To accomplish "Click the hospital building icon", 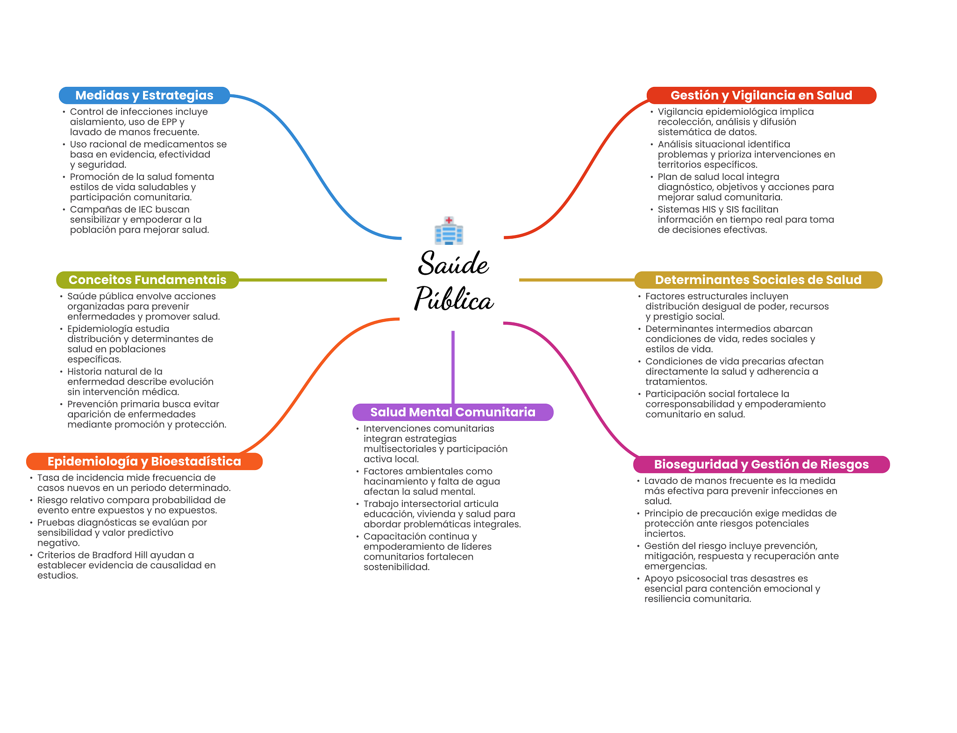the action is (449, 230).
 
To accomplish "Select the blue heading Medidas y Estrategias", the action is (144, 95).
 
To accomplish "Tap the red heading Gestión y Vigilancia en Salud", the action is (761, 95).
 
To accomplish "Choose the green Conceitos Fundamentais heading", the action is (147, 280).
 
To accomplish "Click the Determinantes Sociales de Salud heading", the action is (758, 280).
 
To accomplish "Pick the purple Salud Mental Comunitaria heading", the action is (453, 412).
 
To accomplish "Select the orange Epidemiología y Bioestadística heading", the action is (144, 462).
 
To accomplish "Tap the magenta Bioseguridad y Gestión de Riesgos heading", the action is (761, 464).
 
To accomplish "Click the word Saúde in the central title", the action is (453, 263).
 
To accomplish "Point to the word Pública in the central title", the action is (454, 299).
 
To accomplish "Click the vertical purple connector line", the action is (453, 367).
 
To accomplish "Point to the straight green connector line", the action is (313, 280).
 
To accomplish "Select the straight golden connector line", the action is (577, 280).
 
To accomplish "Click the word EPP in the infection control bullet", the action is (169, 122).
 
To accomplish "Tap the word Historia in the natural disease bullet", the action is (84, 371).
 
